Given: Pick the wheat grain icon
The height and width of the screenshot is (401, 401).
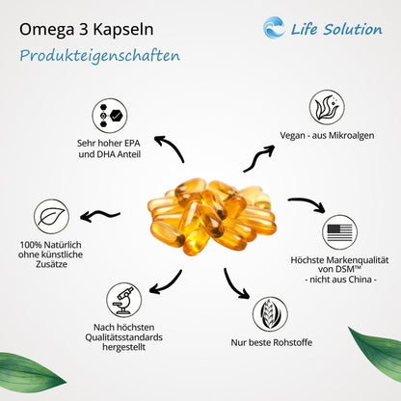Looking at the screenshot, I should point(269,314).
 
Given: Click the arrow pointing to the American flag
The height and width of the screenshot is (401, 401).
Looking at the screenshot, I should point(307,205).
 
